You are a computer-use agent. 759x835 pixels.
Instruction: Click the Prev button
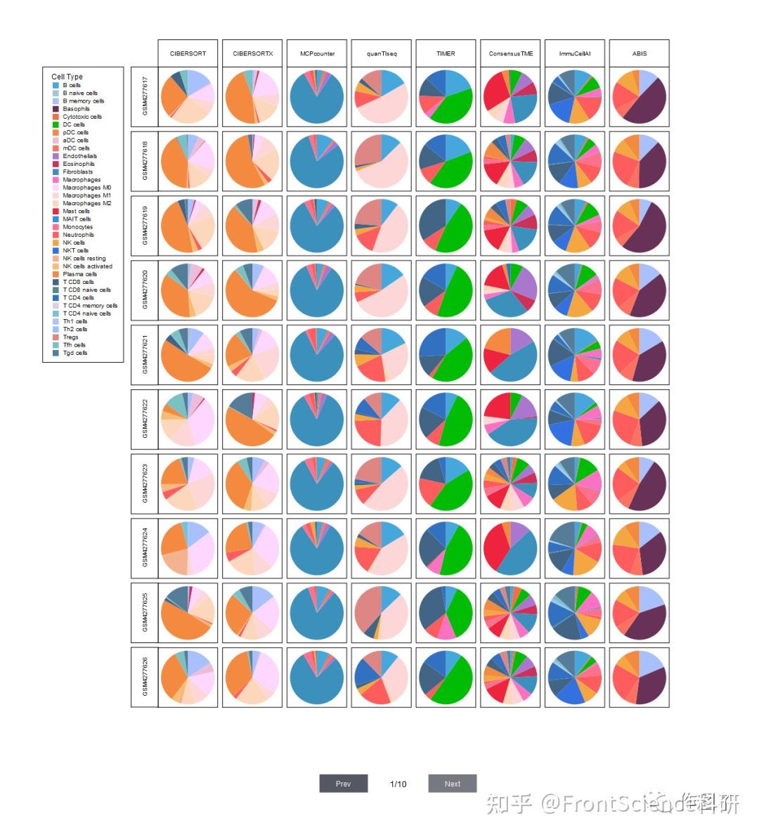343,784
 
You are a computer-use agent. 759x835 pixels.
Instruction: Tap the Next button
453,784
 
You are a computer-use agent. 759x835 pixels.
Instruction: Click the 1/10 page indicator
398,784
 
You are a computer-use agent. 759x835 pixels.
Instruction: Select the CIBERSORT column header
188,53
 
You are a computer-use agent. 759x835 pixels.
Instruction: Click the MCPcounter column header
317,53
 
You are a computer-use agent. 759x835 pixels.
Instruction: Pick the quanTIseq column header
382,53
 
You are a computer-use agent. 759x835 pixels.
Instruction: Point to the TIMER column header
446,53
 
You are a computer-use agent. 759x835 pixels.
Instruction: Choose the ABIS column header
639,53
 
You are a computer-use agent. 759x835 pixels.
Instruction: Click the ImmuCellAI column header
575,53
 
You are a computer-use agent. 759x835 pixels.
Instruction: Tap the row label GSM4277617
145,97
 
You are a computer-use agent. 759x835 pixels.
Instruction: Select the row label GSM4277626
145,677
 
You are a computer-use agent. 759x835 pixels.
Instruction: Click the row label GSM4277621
145,355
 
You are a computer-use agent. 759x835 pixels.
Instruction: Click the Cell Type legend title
67,77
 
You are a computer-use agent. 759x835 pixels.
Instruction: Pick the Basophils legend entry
76,109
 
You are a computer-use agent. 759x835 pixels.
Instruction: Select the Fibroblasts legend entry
77,171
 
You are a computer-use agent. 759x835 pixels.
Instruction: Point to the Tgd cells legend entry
74,353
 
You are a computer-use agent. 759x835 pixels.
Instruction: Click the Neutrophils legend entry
77,235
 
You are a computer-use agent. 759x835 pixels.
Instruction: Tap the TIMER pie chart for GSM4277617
446,97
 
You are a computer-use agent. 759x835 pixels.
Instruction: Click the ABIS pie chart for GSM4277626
639,677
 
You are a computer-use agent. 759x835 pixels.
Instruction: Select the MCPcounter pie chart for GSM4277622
317,420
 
